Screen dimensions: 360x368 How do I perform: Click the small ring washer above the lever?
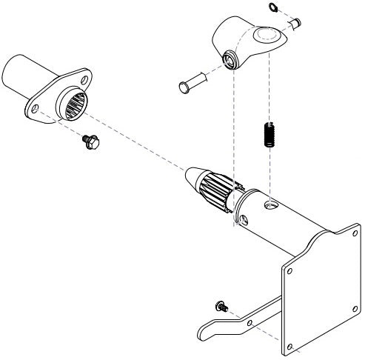[x=274, y=8]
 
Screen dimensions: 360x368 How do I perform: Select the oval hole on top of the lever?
[x=264, y=35]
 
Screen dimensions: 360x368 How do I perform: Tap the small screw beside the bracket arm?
[x=221, y=305]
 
